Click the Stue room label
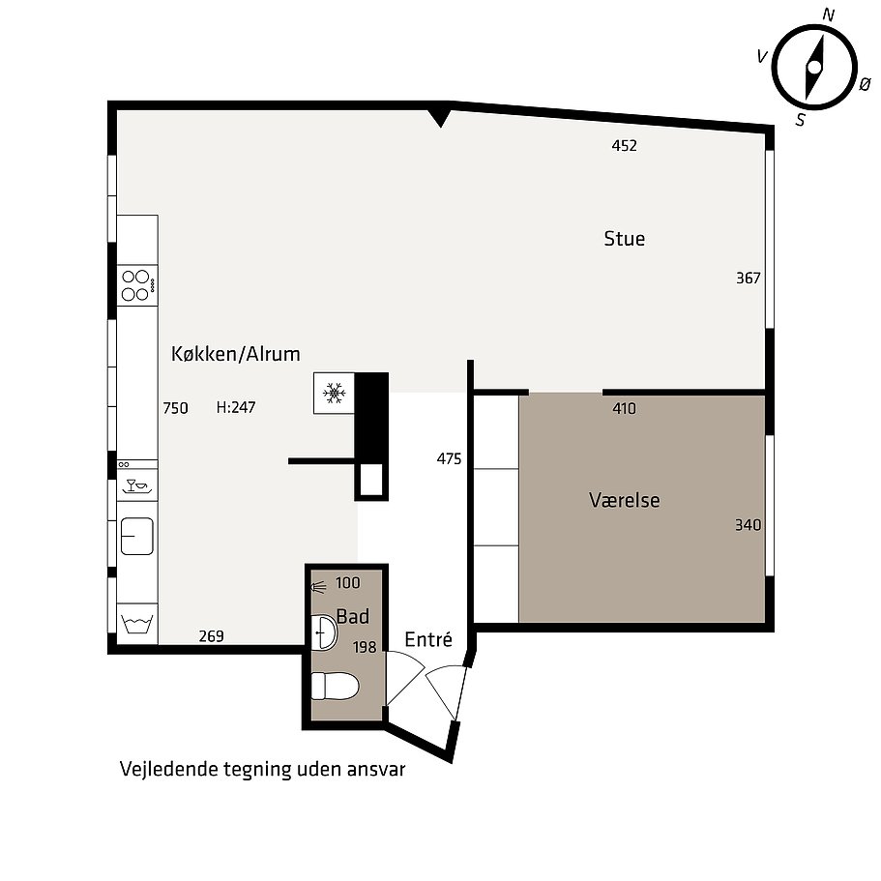pos(624,239)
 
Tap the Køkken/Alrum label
pos(235,354)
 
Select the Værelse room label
pos(624,500)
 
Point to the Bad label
pos(353,616)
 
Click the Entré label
pos(428,639)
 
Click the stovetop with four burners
pos(137,285)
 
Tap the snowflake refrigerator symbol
pos(335,393)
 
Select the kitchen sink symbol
pos(137,536)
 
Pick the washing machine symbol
pos(137,624)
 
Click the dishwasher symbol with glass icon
pos(137,485)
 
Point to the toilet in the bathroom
pos(335,686)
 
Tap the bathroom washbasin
pos(324,632)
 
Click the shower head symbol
pos(318,588)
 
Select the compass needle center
pos(814,68)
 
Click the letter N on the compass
pos(828,15)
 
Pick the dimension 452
pos(624,146)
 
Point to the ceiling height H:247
pos(236,407)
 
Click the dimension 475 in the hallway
pos(449,459)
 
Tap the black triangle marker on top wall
pos(440,118)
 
